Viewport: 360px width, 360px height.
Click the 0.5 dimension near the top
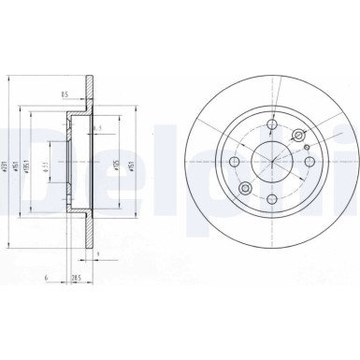(65, 94)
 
